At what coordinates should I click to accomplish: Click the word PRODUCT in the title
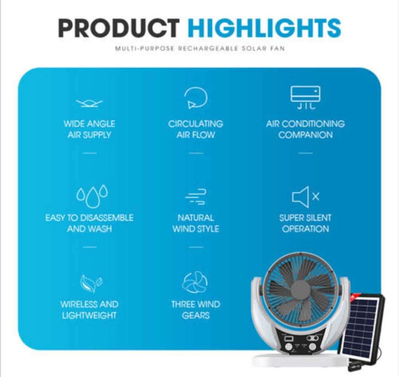(118, 28)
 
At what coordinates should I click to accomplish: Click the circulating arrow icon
(196, 98)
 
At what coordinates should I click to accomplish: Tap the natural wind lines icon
(196, 196)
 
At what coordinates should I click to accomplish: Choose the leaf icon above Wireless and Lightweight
(91, 284)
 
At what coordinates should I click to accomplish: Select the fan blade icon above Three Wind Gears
(195, 283)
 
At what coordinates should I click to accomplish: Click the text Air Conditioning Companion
(305, 129)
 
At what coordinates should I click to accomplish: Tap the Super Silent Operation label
(305, 223)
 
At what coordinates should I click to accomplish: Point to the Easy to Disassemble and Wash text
(89, 223)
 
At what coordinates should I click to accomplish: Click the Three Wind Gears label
(196, 310)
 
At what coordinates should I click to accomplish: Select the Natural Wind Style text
(196, 223)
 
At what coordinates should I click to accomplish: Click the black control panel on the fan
(300, 341)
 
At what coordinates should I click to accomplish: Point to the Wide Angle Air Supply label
(89, 129)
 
